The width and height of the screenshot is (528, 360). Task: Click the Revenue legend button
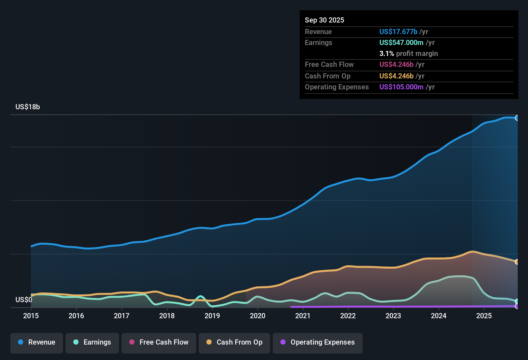37,342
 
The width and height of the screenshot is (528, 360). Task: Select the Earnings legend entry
92,342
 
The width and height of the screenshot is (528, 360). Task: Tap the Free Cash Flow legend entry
159,342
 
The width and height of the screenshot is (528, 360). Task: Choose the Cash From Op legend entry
234,342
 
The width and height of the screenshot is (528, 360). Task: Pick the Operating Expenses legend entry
318,342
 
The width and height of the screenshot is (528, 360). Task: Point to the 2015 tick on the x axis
31,316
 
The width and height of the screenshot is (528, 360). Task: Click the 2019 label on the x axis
212,316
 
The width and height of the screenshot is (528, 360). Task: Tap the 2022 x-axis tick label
348,316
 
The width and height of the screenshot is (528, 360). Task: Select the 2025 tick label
484,316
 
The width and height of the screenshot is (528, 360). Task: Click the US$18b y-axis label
28,107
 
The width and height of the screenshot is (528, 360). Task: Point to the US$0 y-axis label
24,300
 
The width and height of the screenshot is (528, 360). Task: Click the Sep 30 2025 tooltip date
324,20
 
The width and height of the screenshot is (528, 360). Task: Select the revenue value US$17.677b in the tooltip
398,32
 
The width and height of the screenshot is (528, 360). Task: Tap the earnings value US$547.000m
401,42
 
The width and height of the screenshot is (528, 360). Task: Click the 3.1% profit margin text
408,54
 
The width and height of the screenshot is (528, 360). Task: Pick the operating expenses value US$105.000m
401,87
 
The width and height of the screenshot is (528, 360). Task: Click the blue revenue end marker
517,118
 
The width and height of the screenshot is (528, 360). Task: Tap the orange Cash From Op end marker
517,262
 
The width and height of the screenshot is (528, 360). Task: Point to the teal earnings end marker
517,301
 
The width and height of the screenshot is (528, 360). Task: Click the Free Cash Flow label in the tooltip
329,64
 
